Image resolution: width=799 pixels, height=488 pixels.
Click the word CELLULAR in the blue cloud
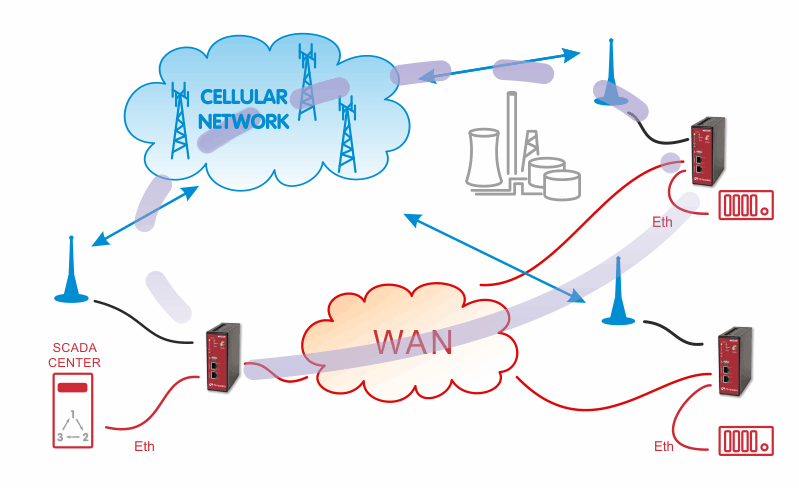tap(244, 97)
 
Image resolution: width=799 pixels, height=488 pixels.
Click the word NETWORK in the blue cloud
tap(244, 122)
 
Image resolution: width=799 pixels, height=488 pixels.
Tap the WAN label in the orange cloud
tap(413, 342)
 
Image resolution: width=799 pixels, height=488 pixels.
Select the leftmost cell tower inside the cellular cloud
tap(179, 121)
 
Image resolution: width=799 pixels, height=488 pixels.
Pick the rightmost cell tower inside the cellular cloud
tap(347, 134)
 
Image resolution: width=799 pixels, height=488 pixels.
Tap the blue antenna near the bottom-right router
tap(618, 291)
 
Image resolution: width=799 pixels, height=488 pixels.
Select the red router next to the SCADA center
tap(223, 358)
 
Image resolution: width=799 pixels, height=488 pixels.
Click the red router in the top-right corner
tap(708, 151)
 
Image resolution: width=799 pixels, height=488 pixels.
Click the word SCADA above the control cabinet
tap(74, 348)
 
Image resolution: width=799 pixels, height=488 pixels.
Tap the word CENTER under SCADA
tap(74, 363)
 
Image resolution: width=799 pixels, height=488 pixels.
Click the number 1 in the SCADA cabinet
tap(73, 414)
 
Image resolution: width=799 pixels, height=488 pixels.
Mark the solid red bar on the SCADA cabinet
tap(72, 388)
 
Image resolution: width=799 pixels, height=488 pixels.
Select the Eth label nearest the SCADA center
tap(144, 446)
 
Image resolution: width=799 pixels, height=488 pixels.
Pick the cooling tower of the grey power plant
tap(484, 157)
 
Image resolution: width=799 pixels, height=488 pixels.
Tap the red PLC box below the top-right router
tap(746, 205)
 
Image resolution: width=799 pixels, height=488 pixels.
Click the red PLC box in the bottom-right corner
tap(746, 441)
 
